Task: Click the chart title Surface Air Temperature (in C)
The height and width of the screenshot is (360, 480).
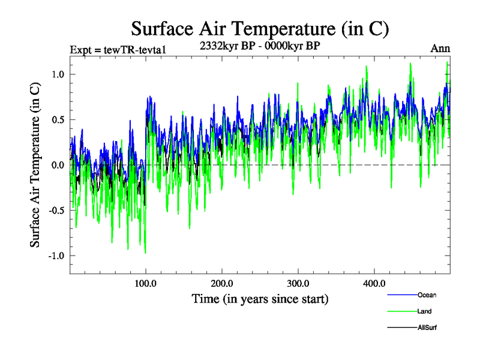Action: [x=260, y=28]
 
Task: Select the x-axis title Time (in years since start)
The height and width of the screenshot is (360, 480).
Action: [x=260, y=298]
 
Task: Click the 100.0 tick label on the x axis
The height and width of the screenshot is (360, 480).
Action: [x=146, y=283]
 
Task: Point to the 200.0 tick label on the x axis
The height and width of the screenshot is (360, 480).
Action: [x=222, y=283]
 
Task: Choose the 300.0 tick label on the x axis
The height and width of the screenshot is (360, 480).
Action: [x=298, y=283]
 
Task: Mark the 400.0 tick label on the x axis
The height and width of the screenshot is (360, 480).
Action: [x=374, y=283]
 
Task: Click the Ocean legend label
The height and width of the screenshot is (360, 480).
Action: [x=427, y=295]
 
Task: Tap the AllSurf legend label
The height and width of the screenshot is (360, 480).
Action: [x=427, y=328]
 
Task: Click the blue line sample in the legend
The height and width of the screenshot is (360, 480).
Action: [x=400, y=295]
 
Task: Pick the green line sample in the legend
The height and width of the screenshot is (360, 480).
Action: [x=400, y=311]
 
